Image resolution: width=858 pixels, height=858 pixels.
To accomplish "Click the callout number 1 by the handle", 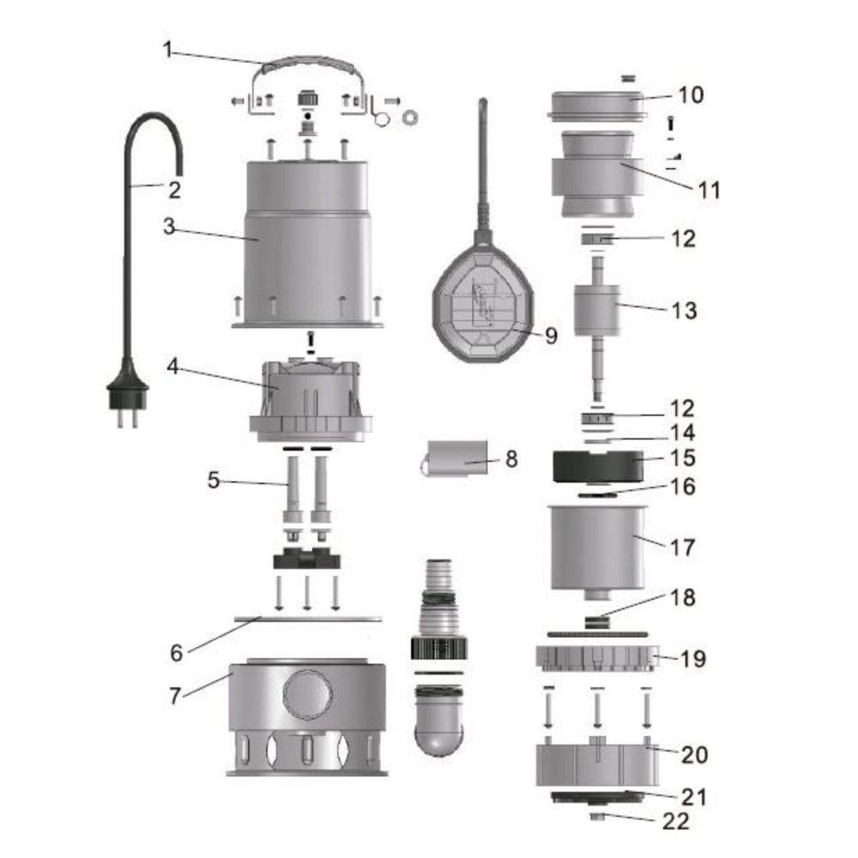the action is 167,51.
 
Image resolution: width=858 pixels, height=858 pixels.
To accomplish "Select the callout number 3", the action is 169,226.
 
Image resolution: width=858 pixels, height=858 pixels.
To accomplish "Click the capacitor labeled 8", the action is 456,457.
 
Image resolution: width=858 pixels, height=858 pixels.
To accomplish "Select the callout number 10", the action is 691,94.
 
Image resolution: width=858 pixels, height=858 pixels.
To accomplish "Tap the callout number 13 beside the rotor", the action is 684,311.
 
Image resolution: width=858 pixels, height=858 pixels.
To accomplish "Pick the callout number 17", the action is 682,547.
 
